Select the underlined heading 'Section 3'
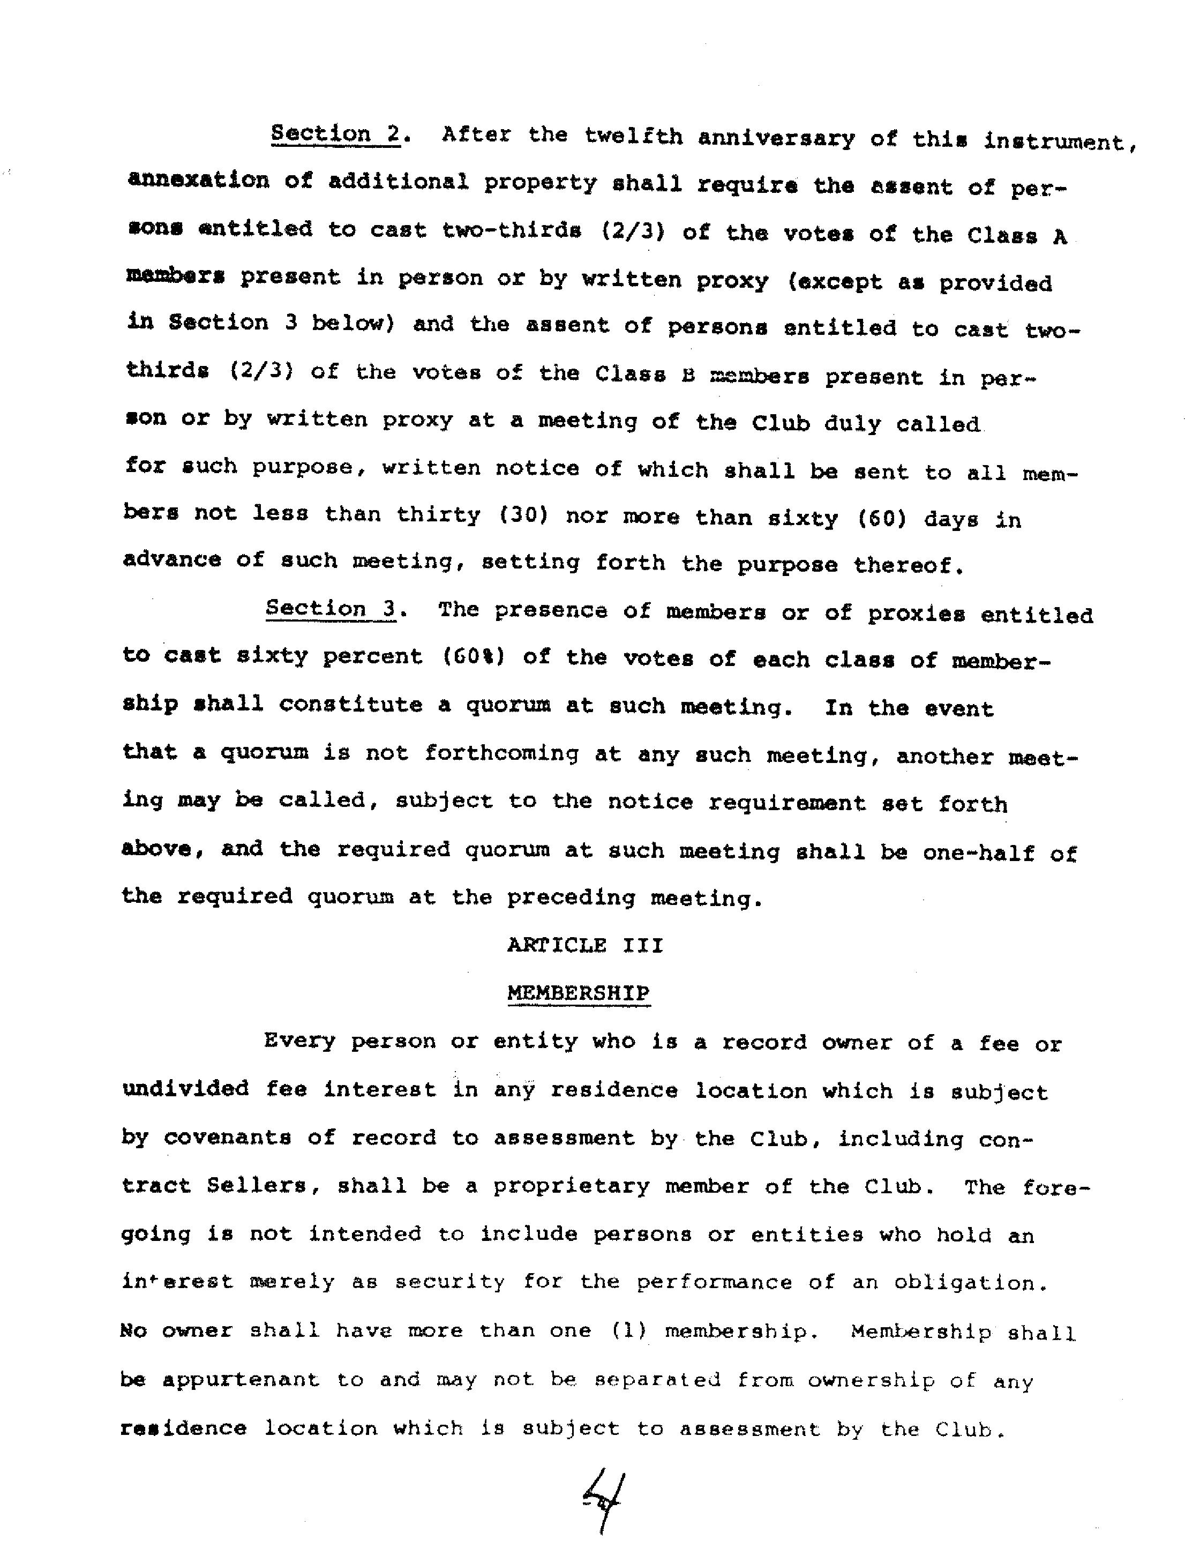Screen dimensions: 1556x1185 pyautogui.click(x=330, y=608)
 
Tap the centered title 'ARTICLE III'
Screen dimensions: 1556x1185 pyautogui.click(x=585, y=945)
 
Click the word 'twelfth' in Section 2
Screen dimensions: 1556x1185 pyautogui.click(x=633, y=136)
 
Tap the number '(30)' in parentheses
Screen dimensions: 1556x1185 pyautogui.click(x=523, y=515)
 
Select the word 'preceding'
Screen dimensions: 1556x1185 pyautogui.click(x=571, y=898)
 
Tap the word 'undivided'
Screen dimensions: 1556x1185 pyautogui.click(x=185, y=1088)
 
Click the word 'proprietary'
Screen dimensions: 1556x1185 pyautogui.click(x=571, y=1186)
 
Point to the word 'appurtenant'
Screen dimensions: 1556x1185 pyautogui.click(x=241, y=1380)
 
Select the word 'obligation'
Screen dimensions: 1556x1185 pyautogui.click(x=966, y=1282)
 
